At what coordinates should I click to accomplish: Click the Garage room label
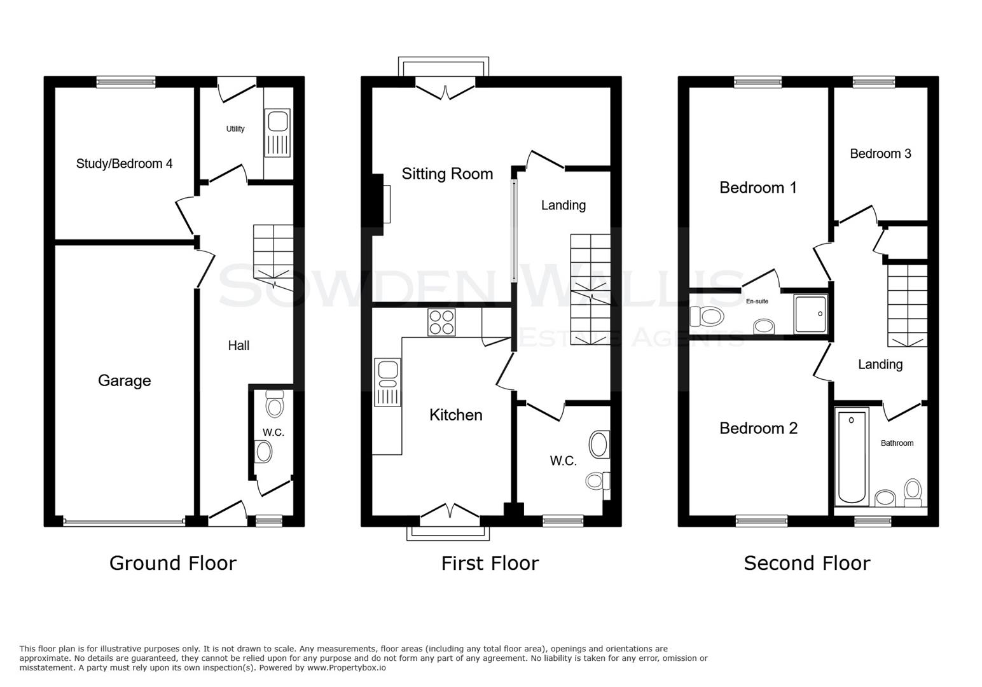124,380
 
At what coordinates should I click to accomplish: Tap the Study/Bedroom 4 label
124,163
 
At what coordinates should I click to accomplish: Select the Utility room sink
278,133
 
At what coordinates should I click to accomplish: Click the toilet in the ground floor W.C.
275,403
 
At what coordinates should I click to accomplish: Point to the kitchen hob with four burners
441,322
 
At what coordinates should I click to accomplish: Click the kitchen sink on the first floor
387,382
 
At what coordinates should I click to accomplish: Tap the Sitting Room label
447,174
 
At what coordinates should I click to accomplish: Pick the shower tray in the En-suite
810,314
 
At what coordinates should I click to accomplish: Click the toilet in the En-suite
707,315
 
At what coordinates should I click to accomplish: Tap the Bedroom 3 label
880,153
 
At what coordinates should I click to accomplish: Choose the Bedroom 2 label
758,428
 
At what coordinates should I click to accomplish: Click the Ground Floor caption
172,563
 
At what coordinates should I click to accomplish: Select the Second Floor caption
806,563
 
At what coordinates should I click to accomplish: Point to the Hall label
239,345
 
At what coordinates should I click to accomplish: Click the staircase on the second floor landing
907,305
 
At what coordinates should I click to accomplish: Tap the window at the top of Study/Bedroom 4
126,81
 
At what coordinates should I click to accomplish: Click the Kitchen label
455,415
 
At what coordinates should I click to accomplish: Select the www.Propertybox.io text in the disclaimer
346,668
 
